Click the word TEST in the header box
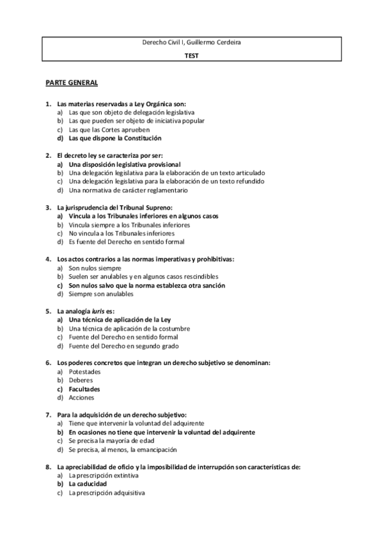191,55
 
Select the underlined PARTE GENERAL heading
71,83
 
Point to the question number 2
49,155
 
